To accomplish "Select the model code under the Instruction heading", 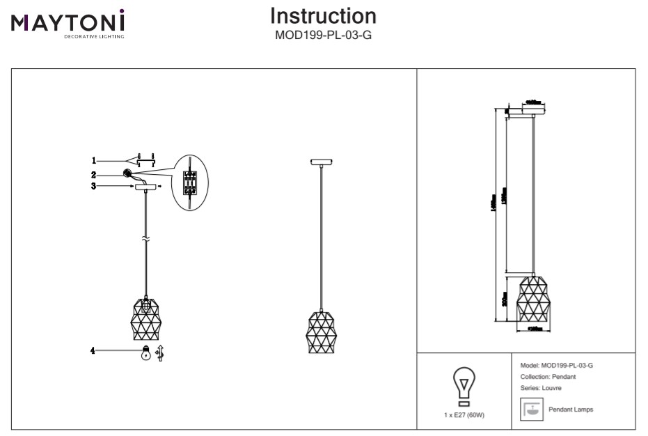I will pos(323,34).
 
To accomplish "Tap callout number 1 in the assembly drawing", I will pos(94,161).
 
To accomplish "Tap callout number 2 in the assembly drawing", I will pos(94,174).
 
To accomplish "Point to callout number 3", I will pos(94,186).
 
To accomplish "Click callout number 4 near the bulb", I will pos(93,352).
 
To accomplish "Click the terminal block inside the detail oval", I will pos(189,180).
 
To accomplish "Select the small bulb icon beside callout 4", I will pos(145,352).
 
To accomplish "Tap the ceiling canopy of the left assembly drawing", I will pos(146,187).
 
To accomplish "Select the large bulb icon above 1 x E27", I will pos(464,385).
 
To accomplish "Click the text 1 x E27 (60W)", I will pos(464,414).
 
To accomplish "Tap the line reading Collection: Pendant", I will pos(548,376).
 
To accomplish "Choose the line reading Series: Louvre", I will pos(541,388).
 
